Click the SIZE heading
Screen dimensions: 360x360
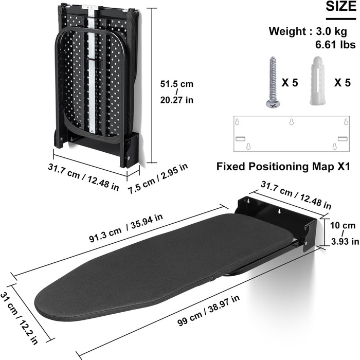341,6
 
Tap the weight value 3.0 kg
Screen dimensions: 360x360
331,31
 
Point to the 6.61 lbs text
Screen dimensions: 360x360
335,44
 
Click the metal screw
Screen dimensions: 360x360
273,82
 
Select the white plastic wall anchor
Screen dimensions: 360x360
317,80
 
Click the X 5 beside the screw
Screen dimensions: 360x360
290,83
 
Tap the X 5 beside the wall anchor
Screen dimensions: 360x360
343,83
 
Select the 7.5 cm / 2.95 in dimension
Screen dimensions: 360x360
158,178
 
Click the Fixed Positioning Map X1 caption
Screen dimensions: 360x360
283,167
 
